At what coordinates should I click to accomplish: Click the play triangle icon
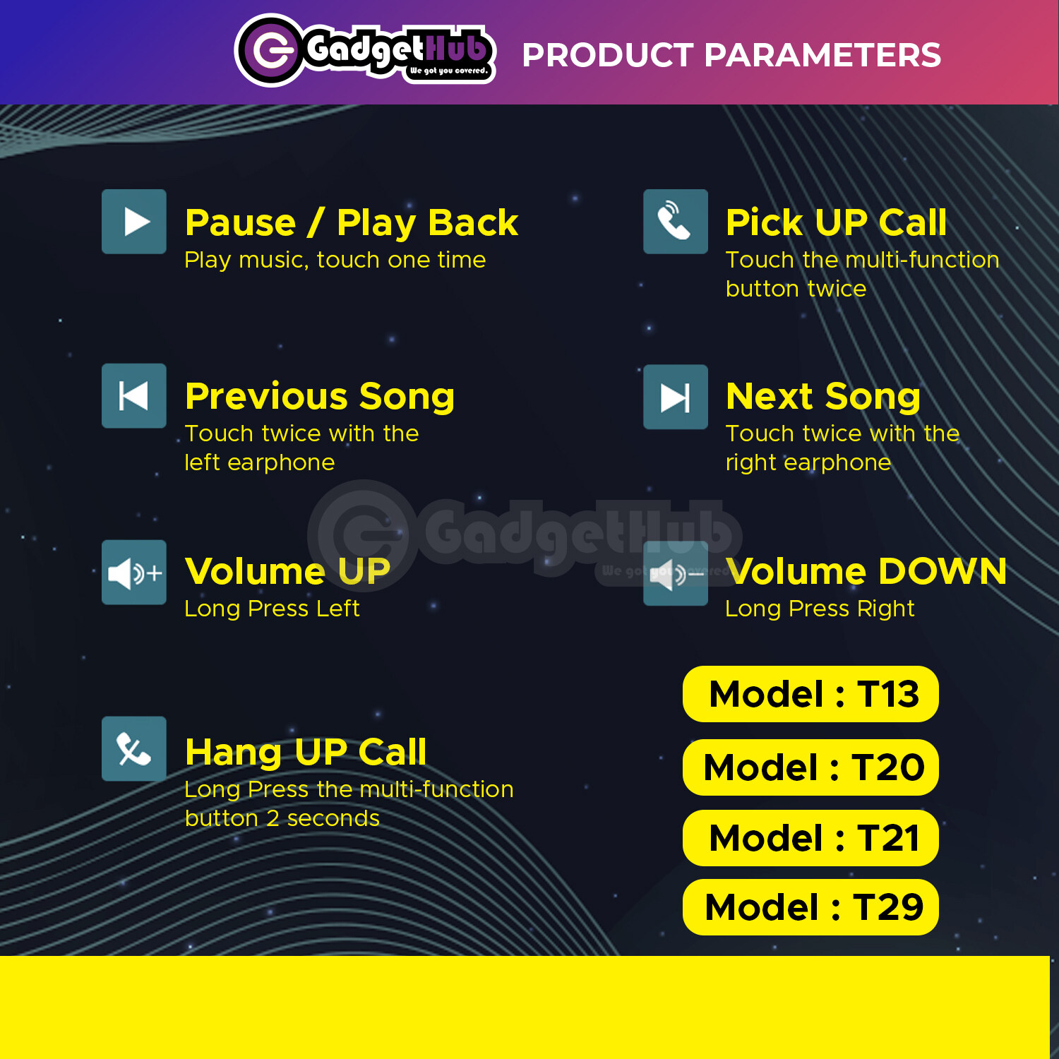tap(134, 222)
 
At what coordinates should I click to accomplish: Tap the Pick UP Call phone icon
tap(676, 222)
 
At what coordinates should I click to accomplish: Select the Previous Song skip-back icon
tap(134, 396)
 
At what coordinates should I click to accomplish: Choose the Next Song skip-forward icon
tap(676, 397)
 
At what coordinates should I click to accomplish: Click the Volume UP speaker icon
tap(134, 573)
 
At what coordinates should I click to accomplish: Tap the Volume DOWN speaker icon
tap(676, 573)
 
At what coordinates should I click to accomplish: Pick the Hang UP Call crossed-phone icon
tap(134, 749)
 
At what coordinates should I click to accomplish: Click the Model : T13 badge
tap(810, 694)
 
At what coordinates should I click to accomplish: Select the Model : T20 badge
tap(810, 767)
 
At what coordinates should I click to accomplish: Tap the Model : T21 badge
tap(810, 838)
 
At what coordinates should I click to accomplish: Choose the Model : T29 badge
tap(810, 907)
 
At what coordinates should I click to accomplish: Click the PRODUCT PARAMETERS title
tap(731, 55)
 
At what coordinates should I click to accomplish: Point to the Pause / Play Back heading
tap(352, 223)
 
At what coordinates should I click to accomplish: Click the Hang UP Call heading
tap(306, 753)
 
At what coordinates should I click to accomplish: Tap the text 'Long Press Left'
tap(272, 609)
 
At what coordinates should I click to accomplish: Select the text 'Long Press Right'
tap(820, 609)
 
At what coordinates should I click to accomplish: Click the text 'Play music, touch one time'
tap(335, 261)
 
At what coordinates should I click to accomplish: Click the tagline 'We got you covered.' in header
tap(449, 71)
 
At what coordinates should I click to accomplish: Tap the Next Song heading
tap(823, 397)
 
